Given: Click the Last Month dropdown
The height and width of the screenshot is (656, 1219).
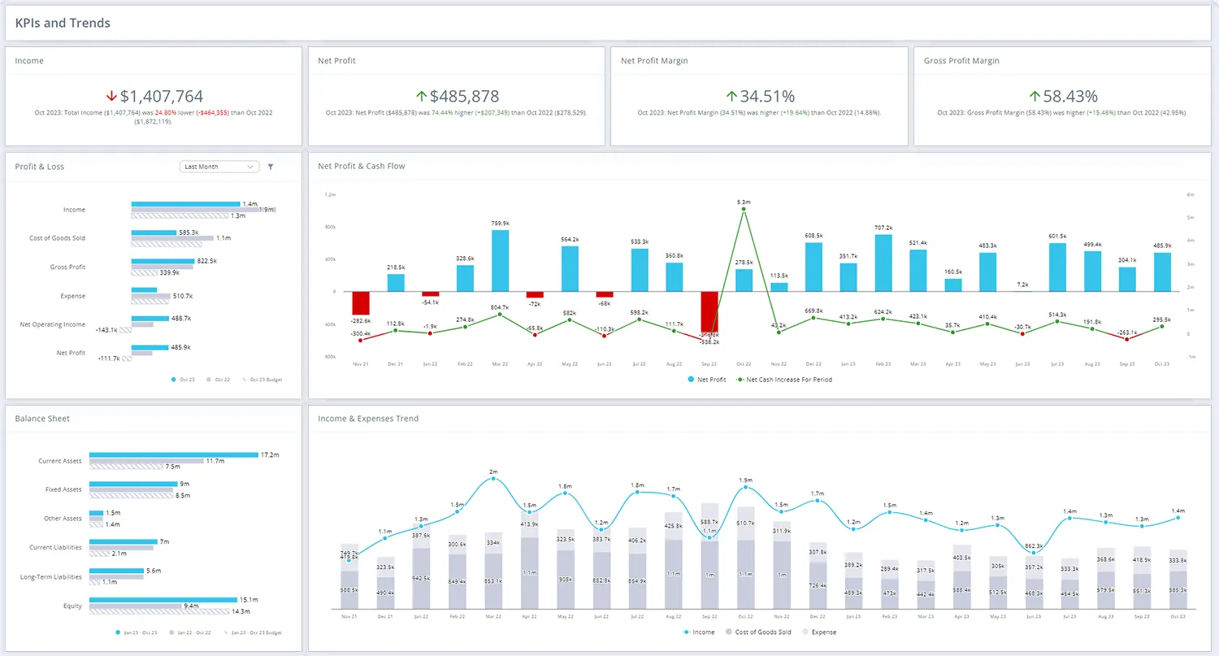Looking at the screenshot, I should (x=219, y=167).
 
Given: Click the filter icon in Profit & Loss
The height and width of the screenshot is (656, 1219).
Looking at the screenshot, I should (x=271, y=167).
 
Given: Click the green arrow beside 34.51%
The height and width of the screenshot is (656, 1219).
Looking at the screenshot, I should (x=731, y=97).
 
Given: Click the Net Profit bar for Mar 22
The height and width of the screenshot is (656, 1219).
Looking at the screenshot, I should (x=501, y=260).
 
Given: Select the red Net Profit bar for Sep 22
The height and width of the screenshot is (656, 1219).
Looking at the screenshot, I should (x=709, y=311).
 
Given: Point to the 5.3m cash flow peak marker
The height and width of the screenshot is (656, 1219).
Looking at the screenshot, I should (x=744, y=210).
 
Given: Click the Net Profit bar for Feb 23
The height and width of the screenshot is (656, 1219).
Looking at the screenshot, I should (x=883, y=263).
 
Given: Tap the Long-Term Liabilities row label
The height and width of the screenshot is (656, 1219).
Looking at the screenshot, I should (x=50, y=577).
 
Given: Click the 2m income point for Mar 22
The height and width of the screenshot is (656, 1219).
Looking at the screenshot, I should (x=493, y=479).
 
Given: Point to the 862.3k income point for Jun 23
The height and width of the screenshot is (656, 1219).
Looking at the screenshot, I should (x=1034, y=553).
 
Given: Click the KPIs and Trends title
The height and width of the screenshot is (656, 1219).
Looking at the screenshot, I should (x=63, y=23).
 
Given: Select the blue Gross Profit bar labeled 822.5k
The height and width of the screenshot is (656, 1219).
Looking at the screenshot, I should (x=163, y=262).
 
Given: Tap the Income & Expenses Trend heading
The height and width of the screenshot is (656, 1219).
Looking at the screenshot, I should (x=368, y=419).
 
